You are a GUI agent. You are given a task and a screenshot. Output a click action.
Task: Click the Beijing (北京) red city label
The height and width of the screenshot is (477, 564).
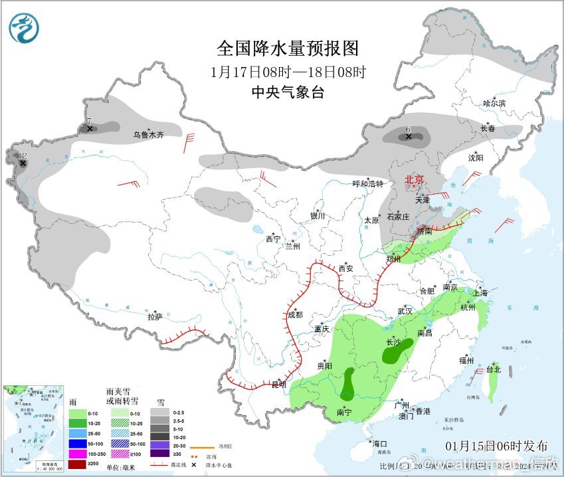pyautogui.click(x=414, y=179)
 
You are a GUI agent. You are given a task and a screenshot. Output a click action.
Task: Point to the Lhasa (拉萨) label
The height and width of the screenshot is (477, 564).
pyautogui.click(x=155, y=317)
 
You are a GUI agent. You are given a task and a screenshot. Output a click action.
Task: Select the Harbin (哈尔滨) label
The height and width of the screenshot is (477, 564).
pyautogui.click(x=494, y=103)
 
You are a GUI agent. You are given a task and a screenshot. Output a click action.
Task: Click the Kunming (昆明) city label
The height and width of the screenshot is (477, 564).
pyautogui.click(x=280, y=384)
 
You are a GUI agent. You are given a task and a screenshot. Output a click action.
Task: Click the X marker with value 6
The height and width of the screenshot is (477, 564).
pyautogui.click(x=409, y=137)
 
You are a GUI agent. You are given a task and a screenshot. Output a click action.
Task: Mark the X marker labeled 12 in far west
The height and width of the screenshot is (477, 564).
pyautogui.click(x=23, y=162)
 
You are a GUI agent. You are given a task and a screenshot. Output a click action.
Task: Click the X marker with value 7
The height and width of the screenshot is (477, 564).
pyautogui.click(x=90, y=129)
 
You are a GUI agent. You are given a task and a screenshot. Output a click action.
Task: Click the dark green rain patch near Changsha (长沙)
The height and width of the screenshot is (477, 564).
pyautogui.click(x=397, y=351)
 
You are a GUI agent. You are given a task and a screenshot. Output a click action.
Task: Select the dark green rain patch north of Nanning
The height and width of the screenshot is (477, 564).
pyautogui.click(x=347, y=385)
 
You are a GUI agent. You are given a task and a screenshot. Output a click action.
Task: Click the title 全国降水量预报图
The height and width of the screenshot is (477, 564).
pyautogui.click(x=288, y=48)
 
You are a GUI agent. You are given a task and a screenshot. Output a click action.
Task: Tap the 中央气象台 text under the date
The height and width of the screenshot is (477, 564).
pyautogui.click(x=288, y=92)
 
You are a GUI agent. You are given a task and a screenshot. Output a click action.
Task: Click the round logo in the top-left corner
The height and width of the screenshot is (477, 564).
pyautogui.click(x=24, y=28)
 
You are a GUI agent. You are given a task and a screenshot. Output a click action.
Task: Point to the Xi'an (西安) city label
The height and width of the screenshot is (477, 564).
pyautogui.click(x=346, y=268)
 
